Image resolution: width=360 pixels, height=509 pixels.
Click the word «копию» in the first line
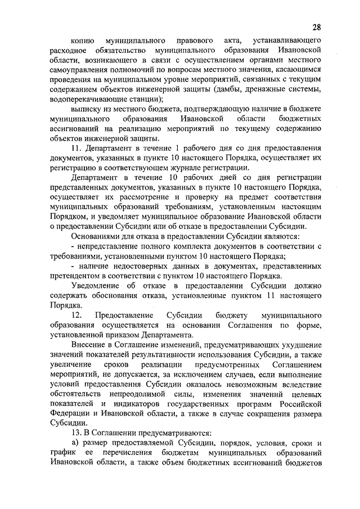tap(82, 41)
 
